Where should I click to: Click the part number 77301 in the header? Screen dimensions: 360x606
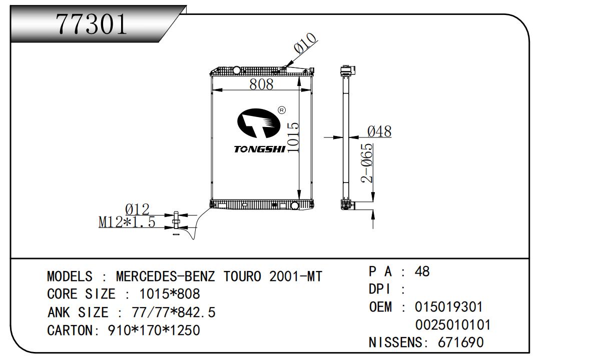tap(92, 24)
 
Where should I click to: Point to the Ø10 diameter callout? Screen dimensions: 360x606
tap(305, 43)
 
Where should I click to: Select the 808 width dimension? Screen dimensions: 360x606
tap(262, 84)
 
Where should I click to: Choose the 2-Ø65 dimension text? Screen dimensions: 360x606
tap(368, 163)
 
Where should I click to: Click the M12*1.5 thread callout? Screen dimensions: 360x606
tap(127, 221)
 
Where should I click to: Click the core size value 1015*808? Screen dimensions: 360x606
tap(165, 294)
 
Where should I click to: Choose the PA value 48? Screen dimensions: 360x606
tap(422, 271)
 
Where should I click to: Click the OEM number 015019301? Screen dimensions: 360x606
tap(449, 306)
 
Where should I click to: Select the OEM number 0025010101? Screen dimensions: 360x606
tap(453, 325)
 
